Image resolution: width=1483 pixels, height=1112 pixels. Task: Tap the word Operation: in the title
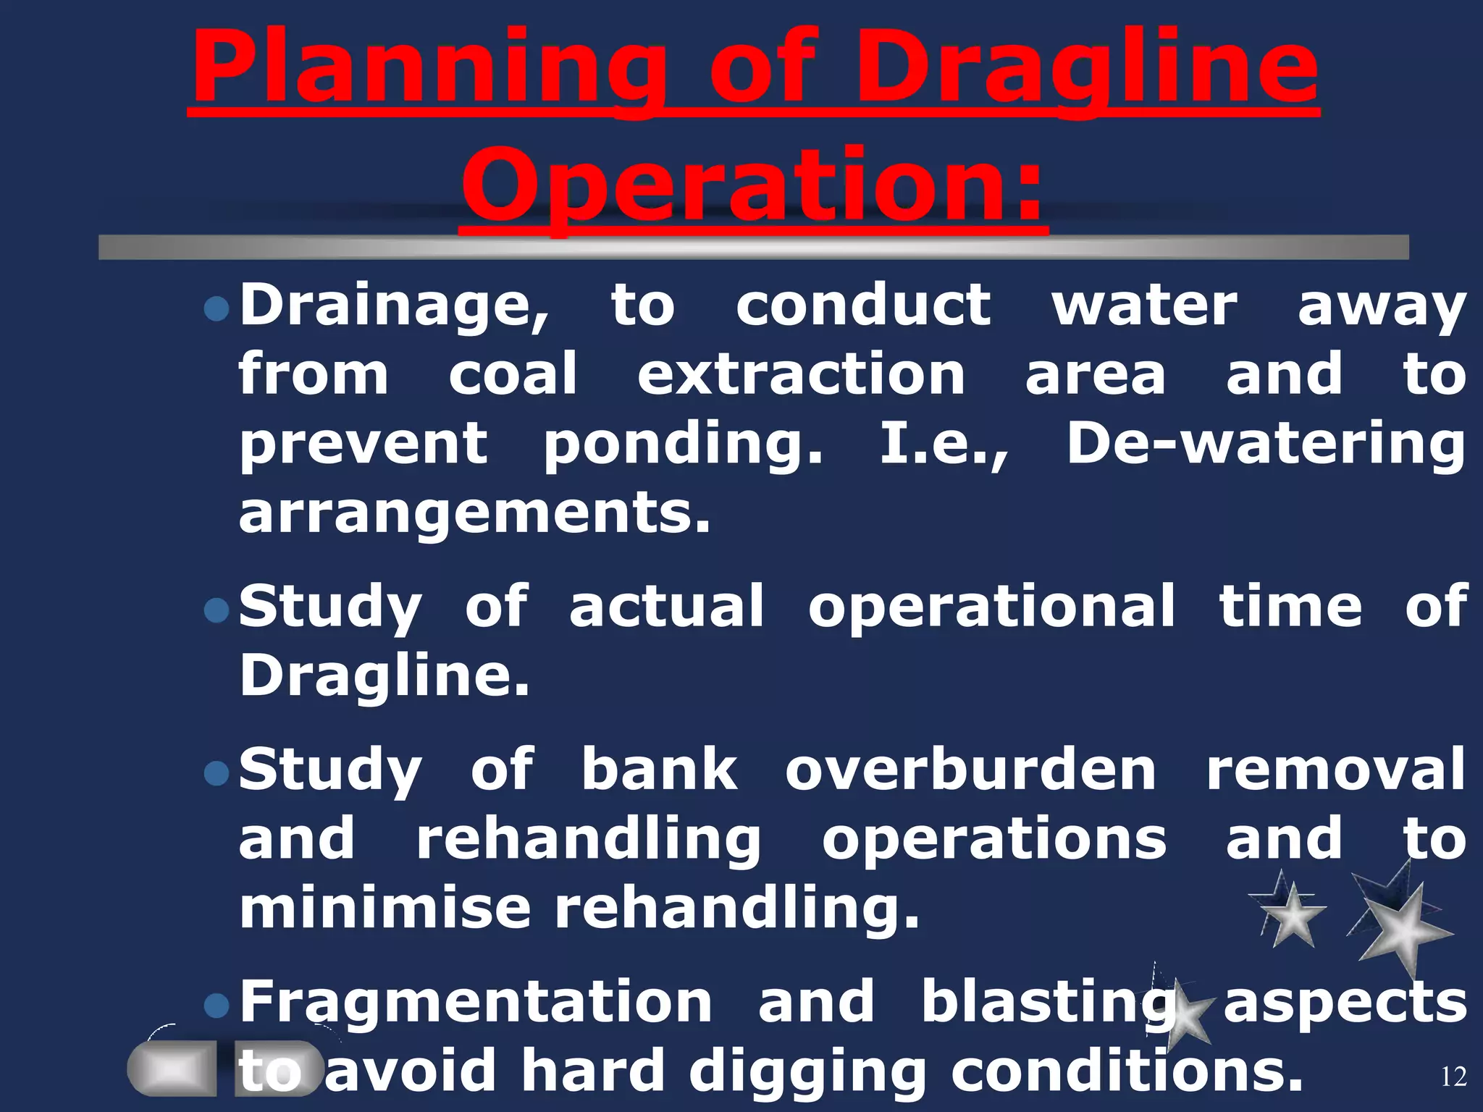click(753, 187)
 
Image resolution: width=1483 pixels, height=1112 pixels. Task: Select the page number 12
click(1453, 1077)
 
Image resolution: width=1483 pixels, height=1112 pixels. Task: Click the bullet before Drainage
click(217, 310)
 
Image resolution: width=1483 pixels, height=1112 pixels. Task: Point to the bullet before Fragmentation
click(217, 1006)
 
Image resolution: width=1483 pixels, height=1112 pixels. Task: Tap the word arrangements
click(474, 514)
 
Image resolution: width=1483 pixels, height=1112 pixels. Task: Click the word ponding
click(683, 445)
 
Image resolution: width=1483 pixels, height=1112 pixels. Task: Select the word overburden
click(970, 770)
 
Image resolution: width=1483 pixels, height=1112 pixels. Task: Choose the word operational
click(991, 607)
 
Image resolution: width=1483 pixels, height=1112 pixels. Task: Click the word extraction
click(800, 375)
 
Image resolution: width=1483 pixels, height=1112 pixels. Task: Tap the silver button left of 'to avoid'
click(172, 1069)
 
